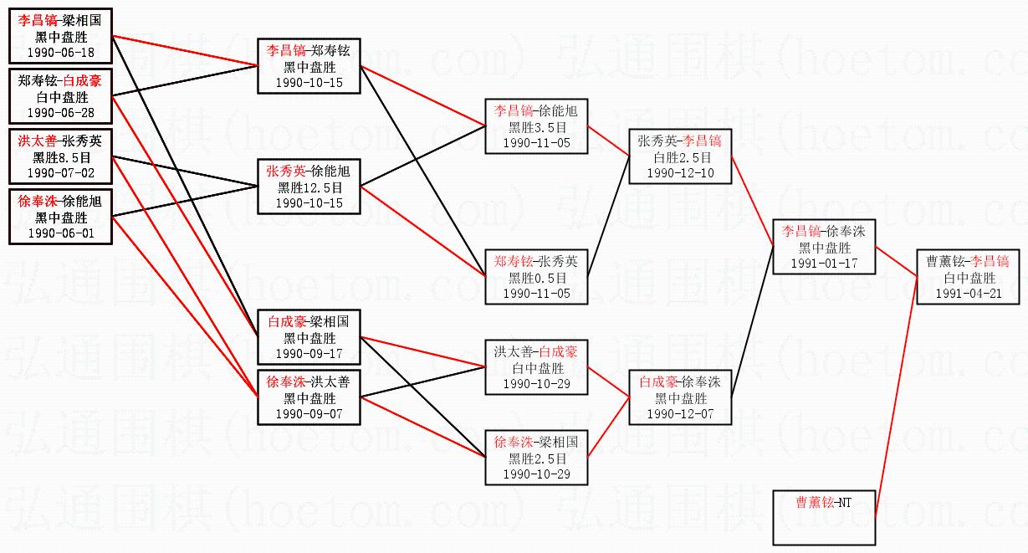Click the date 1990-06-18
click(x=61, y=53)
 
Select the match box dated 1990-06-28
click(x=61, y=96)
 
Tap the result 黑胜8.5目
click(x=61, y=157)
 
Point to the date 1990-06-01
click(x=61, y=233)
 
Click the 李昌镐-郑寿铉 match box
click(x=309, y=66)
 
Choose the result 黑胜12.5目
click(x=309, y=187)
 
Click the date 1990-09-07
click(x=309, y=414)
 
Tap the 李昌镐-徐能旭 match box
click(x=536, y=126)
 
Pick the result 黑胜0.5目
click(x=536, y=278)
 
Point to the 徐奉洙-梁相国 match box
click(x=536, y=458)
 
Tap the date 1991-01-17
click(x=824, y=263)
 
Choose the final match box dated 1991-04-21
click(x=967, y=277)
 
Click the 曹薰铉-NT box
click(x=824, y=516)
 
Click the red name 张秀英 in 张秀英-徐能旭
click(x=286, y=172)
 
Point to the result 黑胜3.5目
click(x=536, y=127)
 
